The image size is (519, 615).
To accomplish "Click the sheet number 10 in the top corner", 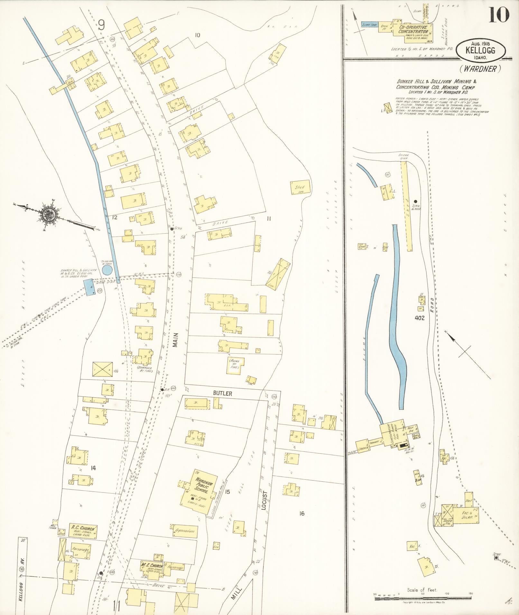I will (499, 15).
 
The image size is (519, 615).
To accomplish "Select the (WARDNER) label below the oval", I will (480, 68).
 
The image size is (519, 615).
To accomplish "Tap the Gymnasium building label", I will (185, 531).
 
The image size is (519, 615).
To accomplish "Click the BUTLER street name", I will (222, 393).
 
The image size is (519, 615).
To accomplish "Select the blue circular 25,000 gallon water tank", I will (107, 269).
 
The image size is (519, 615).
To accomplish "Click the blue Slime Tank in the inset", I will (370, 24).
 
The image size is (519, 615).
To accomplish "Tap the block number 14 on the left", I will (93, 468).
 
